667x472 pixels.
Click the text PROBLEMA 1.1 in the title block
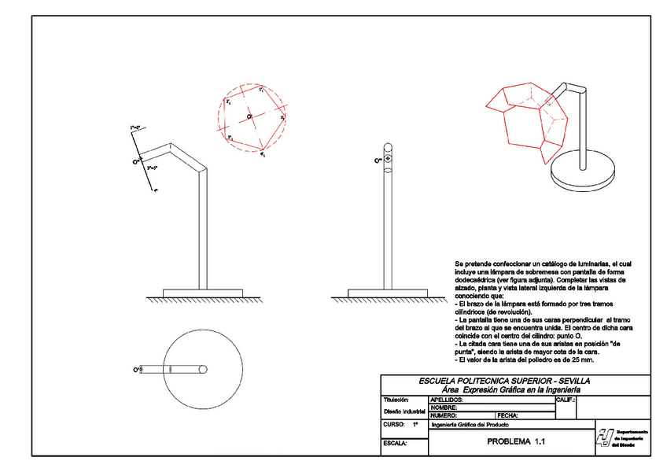tap(515, 441)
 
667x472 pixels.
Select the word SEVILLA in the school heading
tap(572, 381)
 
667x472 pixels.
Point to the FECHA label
tap(508, 415)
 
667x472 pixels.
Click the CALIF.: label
tap(566, 400)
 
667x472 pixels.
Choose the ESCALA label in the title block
tap(395, 444)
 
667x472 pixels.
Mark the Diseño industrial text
tap(404, 411)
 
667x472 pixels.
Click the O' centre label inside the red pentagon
tap(249, 116)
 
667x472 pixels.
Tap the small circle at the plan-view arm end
tap(203, 368)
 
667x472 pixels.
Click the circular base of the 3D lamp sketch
tap(584, 173)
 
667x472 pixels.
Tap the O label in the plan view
tap(137, 368)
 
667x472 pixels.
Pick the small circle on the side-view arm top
tap(387, 160)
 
